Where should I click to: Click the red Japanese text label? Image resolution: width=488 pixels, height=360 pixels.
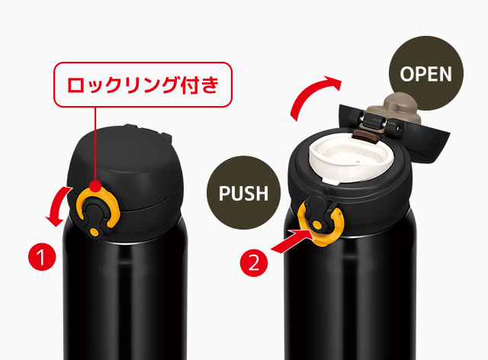point(143,85)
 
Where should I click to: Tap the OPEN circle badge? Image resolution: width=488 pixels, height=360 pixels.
point(426,73)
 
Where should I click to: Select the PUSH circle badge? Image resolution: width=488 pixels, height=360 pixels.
point(244,193)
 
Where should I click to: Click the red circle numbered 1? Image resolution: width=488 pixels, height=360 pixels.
point(42,257)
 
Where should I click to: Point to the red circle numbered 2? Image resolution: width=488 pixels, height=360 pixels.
point(254,263)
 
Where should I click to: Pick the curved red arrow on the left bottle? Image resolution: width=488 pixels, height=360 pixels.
point(59,205)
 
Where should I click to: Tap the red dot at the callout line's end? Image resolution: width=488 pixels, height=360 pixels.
point(95,186)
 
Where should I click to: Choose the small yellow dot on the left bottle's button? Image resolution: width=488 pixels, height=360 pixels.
point(94,232)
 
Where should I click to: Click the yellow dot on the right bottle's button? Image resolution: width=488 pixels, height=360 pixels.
point(317,225)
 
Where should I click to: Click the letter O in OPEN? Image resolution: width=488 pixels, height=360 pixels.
point(407,74)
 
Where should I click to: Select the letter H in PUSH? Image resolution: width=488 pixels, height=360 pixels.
point(261,194)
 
